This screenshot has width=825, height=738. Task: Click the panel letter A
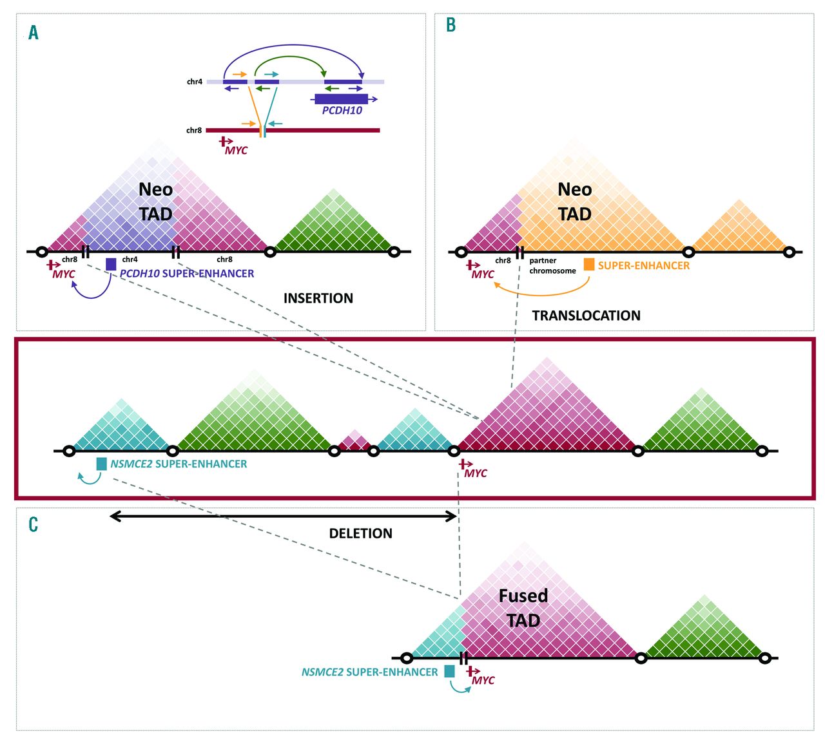click(x=34, y=32)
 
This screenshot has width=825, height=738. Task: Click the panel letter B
click(x=451, y=25)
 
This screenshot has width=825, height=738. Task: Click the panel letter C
click(x=34, y=524)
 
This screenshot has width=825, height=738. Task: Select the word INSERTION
click(x=318, y=298)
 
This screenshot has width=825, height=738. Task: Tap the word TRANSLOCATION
click(x=586, y=316)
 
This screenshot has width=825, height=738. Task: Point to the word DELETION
click(x=360, y=533)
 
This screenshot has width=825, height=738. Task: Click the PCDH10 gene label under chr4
click(x=342, y=110)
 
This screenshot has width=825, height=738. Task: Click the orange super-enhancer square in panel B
click(x=589, y=264)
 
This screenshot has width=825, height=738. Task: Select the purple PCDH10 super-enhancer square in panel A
click(x=111, y=264)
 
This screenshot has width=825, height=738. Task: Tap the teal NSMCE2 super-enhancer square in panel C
click(x=449, y=671)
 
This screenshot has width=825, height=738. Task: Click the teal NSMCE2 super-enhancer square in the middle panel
click(x=101, y=464)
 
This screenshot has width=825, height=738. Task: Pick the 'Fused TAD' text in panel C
click(x=523, y=608)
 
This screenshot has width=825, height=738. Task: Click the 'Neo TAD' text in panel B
click(x=574, y=202)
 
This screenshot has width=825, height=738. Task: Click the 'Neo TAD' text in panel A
click(x=156, y=202)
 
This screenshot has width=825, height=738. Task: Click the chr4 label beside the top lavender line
click(x=194, y=82)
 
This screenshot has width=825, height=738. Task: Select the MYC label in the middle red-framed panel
click(x=476, y=473)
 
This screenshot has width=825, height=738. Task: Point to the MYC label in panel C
click(x=483, y=680)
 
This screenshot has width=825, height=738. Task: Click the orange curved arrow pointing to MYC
click(x=541, y=293)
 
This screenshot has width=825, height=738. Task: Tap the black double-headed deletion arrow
click(x=284, y=516)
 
